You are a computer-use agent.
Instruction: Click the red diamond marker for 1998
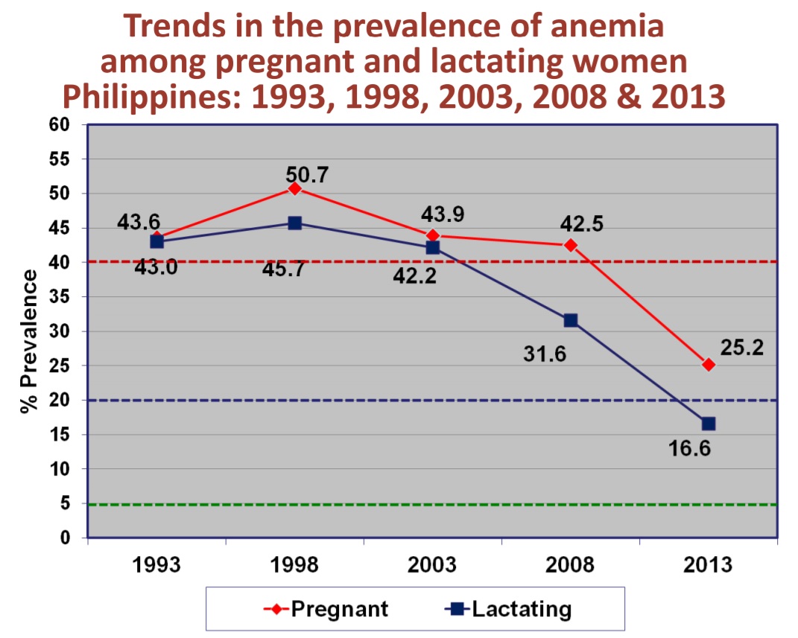coord(295,188)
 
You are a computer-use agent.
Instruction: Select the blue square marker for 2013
coord(708,424)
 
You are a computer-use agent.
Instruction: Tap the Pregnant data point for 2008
coord(571,245)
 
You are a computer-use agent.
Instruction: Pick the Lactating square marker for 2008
coord(571,320)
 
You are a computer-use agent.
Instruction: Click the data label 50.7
coord(308,175)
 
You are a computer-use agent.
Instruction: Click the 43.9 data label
coord(443,214)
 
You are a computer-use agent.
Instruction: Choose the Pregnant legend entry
coord(326,609)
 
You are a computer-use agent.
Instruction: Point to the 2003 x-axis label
coord(433,565)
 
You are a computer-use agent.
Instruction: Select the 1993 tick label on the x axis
coord(156,565)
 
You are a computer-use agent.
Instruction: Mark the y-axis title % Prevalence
coord(28,342)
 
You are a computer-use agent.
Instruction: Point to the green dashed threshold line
coord(432,505)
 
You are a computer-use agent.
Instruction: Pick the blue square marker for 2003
coord(433,247)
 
